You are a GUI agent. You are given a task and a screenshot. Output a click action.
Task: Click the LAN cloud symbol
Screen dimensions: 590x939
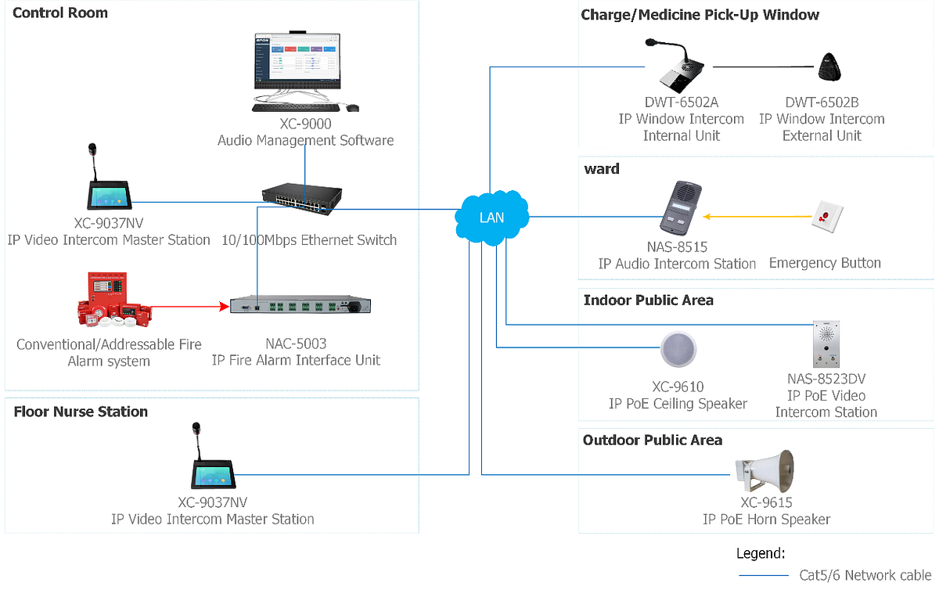pyautogui.click(x=491, y=217)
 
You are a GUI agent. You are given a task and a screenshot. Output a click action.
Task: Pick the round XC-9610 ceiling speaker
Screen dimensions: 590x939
pyautogui.click(x=678, y=350)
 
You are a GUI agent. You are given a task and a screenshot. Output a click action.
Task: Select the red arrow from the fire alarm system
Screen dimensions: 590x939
pyautogui.click(x=185, y=308)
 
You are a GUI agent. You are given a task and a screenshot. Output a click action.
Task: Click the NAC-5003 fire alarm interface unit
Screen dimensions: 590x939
pyautogui.click(x=300, y=306)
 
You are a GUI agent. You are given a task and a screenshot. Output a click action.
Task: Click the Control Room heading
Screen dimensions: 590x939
pyautogui.click(x=60, y=13)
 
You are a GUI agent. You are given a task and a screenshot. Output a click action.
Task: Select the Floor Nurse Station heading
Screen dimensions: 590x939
pyautogui.click(x=81, y=412)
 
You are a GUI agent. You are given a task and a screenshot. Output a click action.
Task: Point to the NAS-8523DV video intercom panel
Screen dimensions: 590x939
pyautogui.click(x=826, y=344)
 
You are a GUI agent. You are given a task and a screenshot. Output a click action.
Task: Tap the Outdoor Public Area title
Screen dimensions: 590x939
pyautogui.click(x=652, y=440)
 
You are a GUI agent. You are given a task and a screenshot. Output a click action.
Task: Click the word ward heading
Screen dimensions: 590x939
pyautogui.click(x=601, y=169)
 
